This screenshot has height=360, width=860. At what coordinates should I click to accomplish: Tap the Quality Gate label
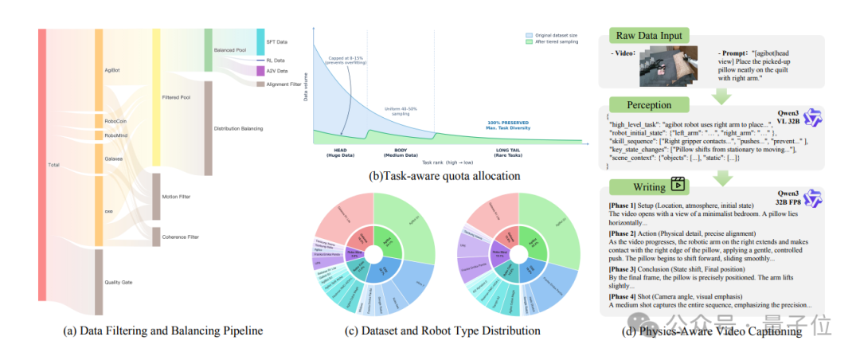point(119,282)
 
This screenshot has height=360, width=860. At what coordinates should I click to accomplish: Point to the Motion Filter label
point(177,196)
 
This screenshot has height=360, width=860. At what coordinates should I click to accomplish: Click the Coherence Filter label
point(181,237)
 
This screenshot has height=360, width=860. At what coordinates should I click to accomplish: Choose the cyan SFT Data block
point(260,41)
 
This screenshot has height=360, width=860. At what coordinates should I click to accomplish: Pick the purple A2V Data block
point(260,71)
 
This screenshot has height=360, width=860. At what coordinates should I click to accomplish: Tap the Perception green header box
point(650,104)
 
